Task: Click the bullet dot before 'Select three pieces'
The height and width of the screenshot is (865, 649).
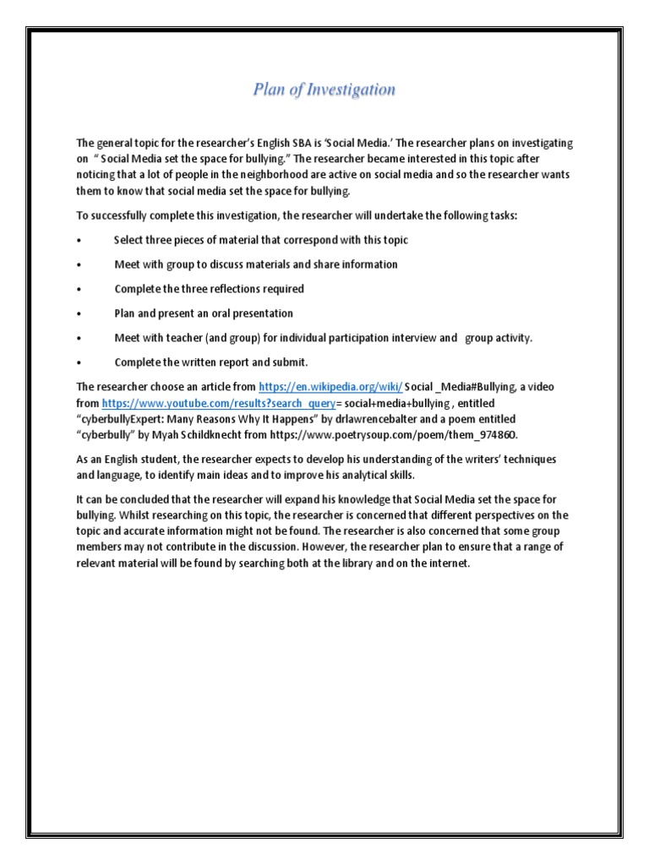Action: pyautogui.click(x=79, y=241)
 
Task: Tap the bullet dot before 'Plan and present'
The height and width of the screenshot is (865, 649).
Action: pyautogui.click(x=79, y=314)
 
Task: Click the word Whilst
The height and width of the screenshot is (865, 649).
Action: pyautogui.click(x=119, y=515)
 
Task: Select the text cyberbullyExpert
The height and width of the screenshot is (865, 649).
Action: pyautogui.click(x=121, y=419)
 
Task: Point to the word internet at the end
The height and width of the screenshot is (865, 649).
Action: pyautogui.click(x=445, y=563)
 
